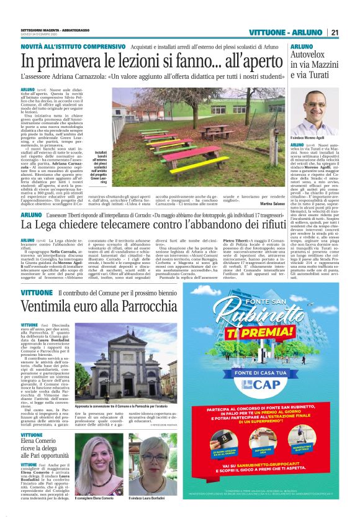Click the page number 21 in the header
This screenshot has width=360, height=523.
click(335, 32)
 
